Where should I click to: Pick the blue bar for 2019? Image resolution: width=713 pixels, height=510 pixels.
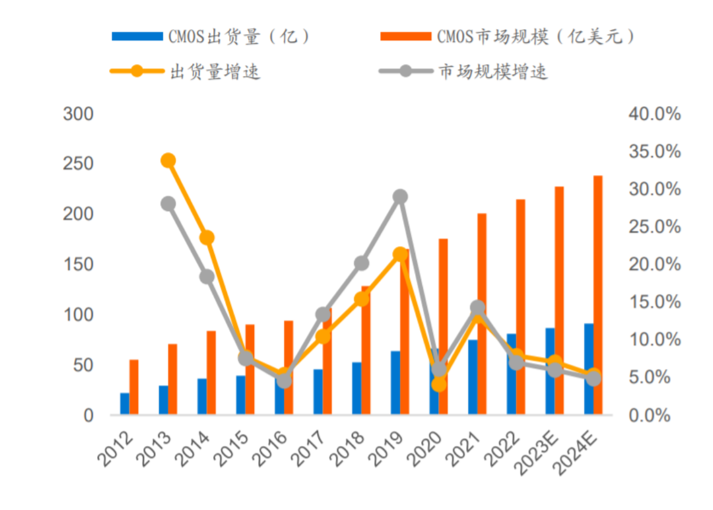(395, 383)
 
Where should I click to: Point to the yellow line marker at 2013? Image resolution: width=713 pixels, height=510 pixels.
(168, 160)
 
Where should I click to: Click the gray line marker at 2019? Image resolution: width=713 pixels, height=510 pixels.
(400, 196)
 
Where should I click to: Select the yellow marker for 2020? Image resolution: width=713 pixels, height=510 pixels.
(439, 384)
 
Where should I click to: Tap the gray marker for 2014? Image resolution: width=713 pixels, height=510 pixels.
(207, 276)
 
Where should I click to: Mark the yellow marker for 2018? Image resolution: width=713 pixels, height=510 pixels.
(362, 299)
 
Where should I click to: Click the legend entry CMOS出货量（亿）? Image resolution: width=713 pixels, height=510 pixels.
(210, 37)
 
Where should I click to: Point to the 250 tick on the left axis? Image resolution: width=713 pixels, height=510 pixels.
(78, 164)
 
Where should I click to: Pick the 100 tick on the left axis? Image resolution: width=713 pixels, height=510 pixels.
(78, 314)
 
